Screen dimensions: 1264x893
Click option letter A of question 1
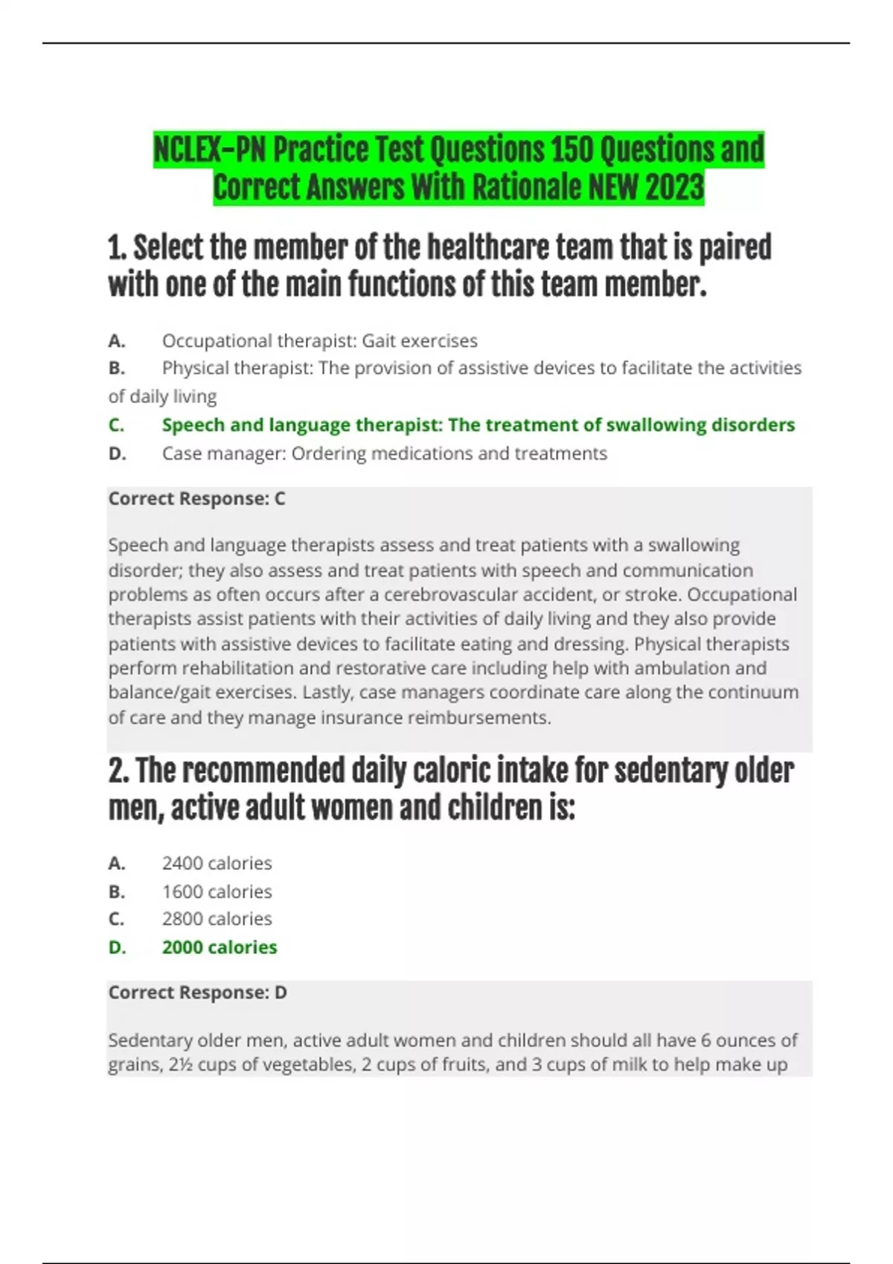(x=116, y=341)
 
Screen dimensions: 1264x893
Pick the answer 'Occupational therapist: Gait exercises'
(x=319, y=341)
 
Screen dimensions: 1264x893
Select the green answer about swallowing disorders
(x=478, y=425)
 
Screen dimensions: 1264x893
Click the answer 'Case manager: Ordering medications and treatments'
(x=384, y=454)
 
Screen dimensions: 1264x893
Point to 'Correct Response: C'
(x=196, y=499)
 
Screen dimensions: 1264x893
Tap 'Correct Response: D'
(x=197, y=993)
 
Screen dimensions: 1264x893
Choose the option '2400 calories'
(x=217, y=863)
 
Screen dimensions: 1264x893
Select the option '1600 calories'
(x=217, y=891)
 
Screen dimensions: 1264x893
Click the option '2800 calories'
(x=217, y=919)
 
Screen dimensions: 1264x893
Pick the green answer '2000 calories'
(x=219, y=947)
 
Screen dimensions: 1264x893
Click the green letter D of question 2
(x=117, y=947)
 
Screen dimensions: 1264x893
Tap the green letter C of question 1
(x=116, y=425)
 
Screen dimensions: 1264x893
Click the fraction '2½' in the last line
(x=181, y=1065)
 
